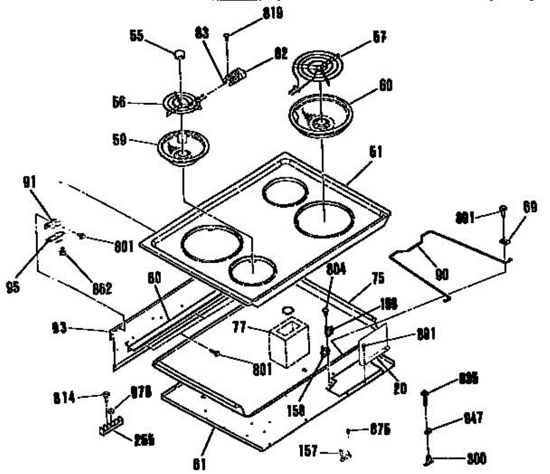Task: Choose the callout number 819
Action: click(x=272, y=14)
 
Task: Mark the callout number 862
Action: click(x=101, y=288)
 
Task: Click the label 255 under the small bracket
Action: click(x=144, y=441)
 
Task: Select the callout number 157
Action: click(x=308, y=452)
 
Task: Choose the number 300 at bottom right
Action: click(x=476, y=459)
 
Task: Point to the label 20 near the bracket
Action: click(x=401, y=388)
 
